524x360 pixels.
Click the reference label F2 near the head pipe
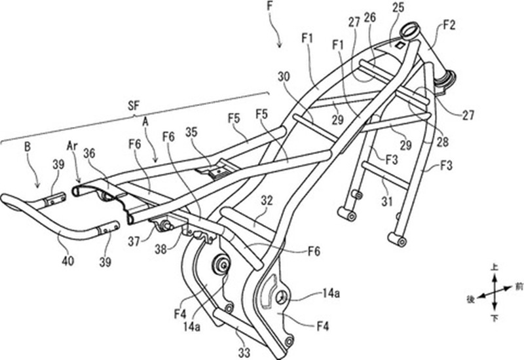click(x=449, y=25)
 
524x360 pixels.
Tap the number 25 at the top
click(x=398, y=7)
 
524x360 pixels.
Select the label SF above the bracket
click(x=134, y=106)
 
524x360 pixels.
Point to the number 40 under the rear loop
click(x=68, y=261)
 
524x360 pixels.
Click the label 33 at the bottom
click(x=244, y=351)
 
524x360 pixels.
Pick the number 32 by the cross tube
click(x=267, y=201)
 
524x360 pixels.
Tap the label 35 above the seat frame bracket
click(x=191, y=132)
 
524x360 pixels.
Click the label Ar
click(x=73, y=145)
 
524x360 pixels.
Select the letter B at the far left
click(x=28, y=147)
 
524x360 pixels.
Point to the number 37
click(x=134, y=241)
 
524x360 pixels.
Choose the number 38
click(x=160, y=249)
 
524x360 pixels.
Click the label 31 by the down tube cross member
click(x=387, y=201)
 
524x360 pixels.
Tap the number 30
click(x=284, y=77)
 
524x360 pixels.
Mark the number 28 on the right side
click(x=443, y=142)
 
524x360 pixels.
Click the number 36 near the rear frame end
click(x=89, y=153)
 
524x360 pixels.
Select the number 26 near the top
click(x=370, y=18)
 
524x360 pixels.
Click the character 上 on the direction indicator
click(x=495, y=267)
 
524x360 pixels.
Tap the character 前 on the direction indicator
click(x=518, y=287)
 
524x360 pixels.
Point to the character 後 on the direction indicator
click(x=470, y=300)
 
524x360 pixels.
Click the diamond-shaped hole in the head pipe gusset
click(x=400, y=46)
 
